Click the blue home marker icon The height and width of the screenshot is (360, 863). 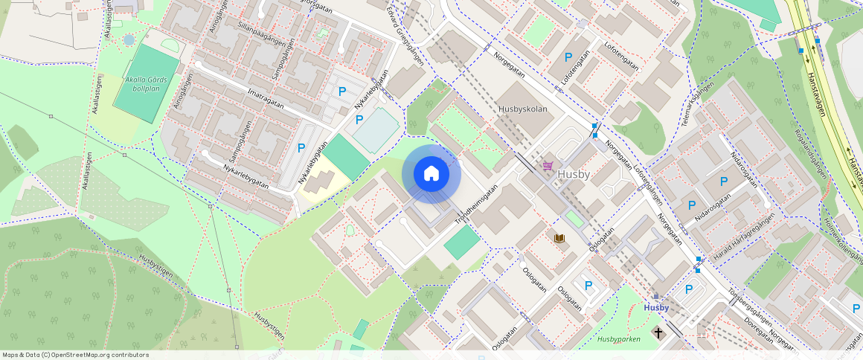[431, 174]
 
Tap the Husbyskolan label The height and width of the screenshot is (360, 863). [522, 109]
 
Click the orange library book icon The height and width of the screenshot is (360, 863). [559, 237]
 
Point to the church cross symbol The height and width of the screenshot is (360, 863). [658, 330]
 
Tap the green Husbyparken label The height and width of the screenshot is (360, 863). [618, 339]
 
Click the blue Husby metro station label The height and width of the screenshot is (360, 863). [656, 307]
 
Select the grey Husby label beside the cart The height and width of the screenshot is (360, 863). [573, 175]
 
